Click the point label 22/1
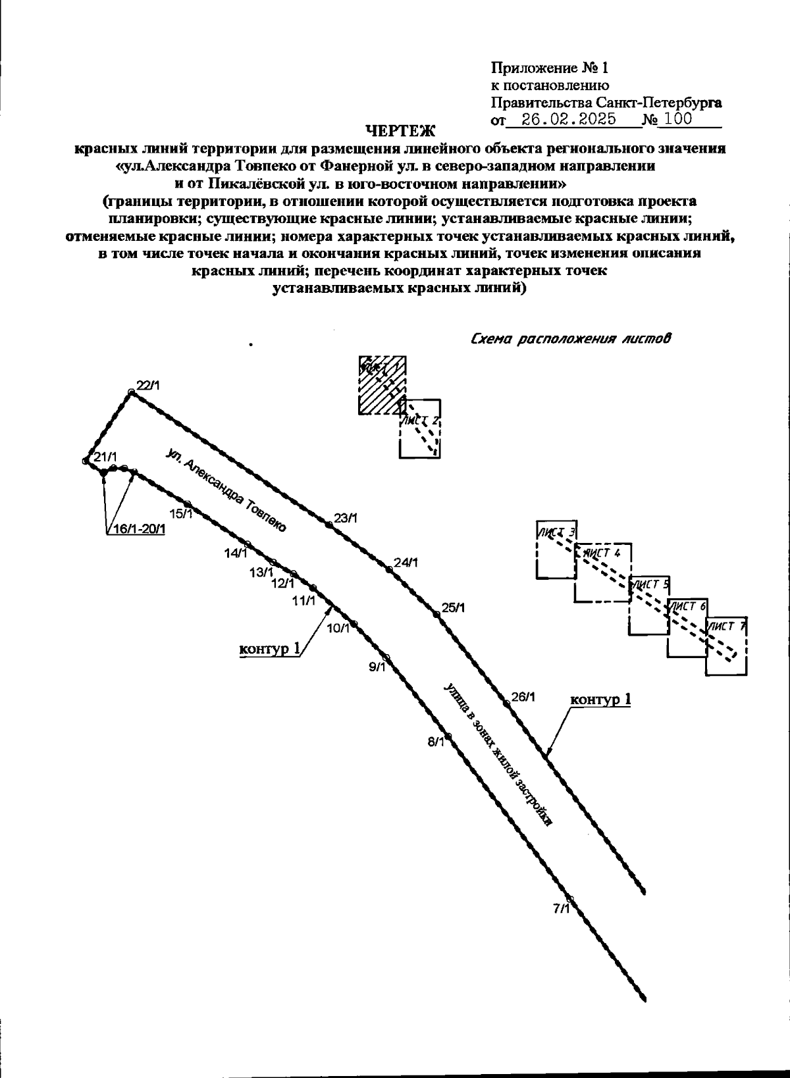click(147, 386)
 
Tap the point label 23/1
click(345, 518)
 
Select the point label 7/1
click(562, 909)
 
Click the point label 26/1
click(523, 697)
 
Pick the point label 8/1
click(436, 743)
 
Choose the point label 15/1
click(181, 513)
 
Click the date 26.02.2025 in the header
click(568, 119)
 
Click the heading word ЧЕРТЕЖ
click(400, 132)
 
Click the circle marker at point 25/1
click(436, 614)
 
